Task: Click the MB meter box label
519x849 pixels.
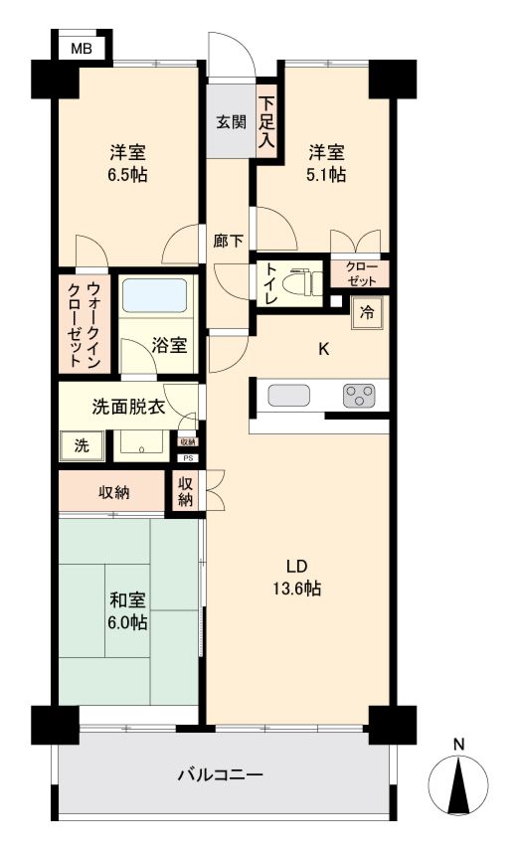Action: pos(81,47)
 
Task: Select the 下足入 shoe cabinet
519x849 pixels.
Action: pos(266,119)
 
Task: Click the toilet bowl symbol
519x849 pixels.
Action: pos(304,282)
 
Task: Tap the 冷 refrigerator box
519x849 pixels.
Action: pos(367,313)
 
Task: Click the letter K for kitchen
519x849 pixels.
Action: pos(323,349)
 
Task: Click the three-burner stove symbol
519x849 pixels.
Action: pos(359,396)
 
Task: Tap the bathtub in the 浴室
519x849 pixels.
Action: pos(154,297)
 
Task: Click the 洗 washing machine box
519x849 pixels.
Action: pos(81,445)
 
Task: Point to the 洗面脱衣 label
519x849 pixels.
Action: pos(127,407)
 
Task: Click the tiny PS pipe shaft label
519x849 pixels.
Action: pos(187,458)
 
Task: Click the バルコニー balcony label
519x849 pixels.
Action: pos(221,773)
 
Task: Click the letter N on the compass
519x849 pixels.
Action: pos(458,743)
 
